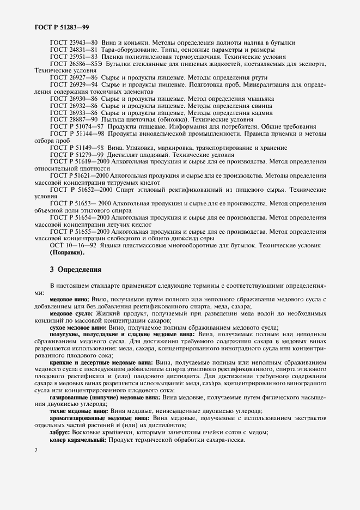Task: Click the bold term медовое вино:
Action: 70,300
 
